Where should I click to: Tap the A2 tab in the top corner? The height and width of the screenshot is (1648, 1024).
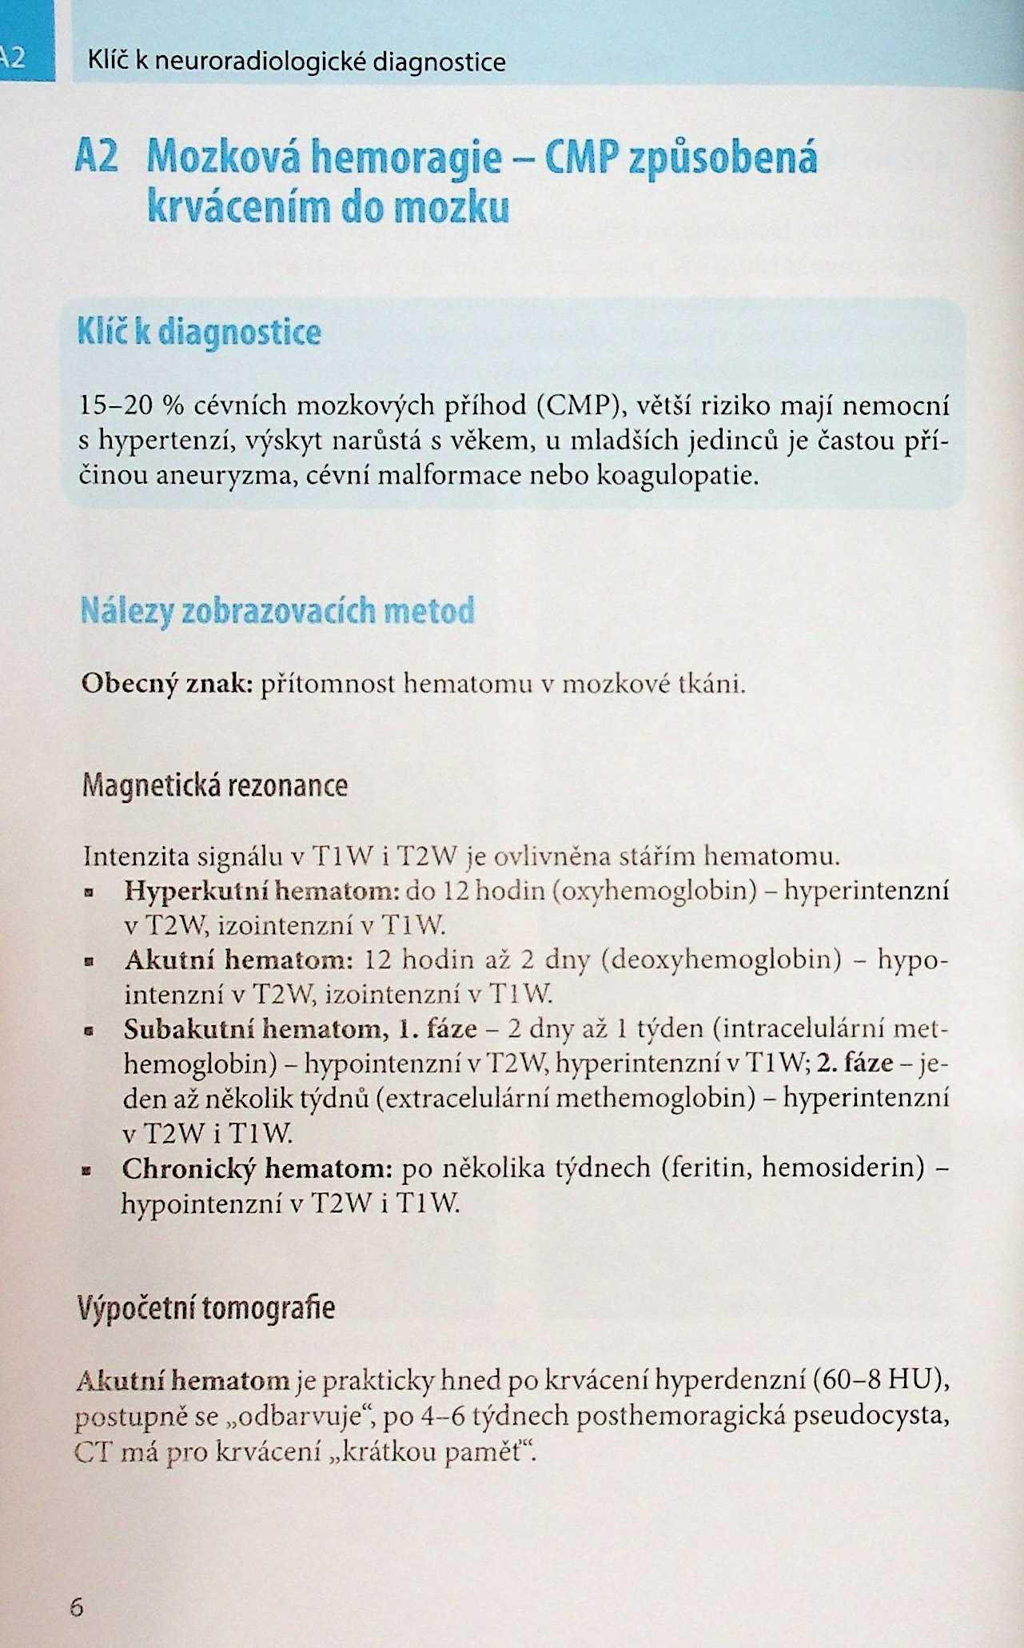coord(16,58)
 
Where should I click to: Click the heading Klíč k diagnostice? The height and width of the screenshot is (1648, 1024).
coord(199,333)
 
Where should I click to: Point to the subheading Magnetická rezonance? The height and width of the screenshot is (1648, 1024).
coord(214,785)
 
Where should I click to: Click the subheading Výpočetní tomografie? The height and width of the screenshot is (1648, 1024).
coord(206,1307)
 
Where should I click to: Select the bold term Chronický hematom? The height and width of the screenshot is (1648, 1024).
coord(256,1169)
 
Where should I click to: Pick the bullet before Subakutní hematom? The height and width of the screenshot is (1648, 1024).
coord(90,1031)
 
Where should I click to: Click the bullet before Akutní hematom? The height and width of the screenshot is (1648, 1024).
coord(90,962)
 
